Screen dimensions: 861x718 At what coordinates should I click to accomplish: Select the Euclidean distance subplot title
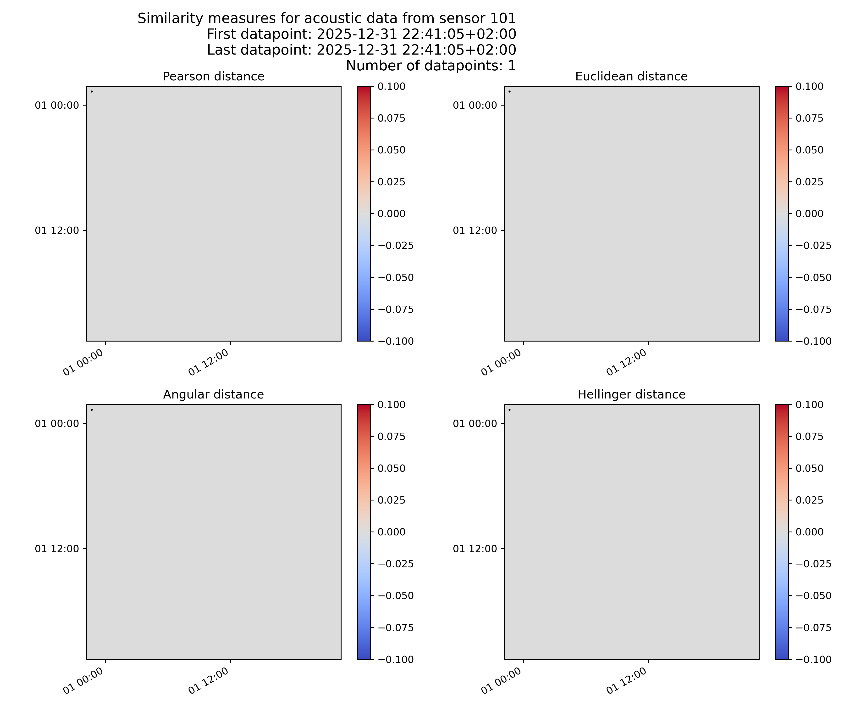pyautogui.click(x=631, y=77)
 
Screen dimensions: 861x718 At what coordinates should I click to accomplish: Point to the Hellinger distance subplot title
pyautogui.click(x=631, y=395)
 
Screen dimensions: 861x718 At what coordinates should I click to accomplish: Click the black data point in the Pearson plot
pyautogui.click(x=91, y=91)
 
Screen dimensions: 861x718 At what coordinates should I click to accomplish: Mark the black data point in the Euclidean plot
pyautogui.click(x=509, y=91)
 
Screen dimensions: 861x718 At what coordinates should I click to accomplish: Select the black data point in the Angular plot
pyautogui.click(x=91, y=410)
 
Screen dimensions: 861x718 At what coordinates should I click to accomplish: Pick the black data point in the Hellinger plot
pyautogui.click(x=509, y=410)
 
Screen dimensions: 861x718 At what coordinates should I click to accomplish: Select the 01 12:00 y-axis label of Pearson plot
pyautogui.click(x=57, y=230)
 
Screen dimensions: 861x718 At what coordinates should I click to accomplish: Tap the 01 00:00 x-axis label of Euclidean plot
pyautogui.click(x=501, y=362)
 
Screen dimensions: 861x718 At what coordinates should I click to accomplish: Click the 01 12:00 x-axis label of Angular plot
pyautogui.click(x=208, y=681)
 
